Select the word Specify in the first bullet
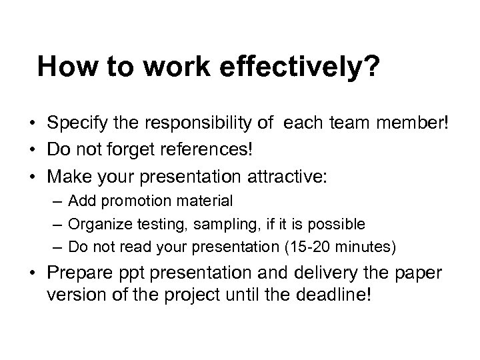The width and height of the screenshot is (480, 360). coord(73,124)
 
